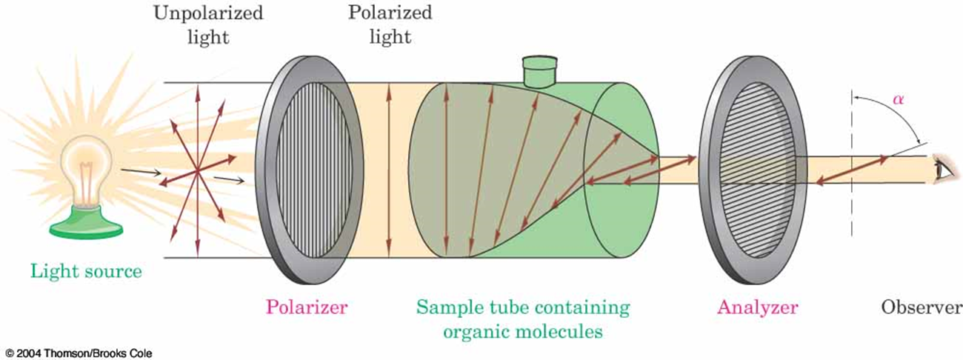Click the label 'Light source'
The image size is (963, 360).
[x=85, y=271]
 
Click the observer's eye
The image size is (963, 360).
[x=946, y=170]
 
